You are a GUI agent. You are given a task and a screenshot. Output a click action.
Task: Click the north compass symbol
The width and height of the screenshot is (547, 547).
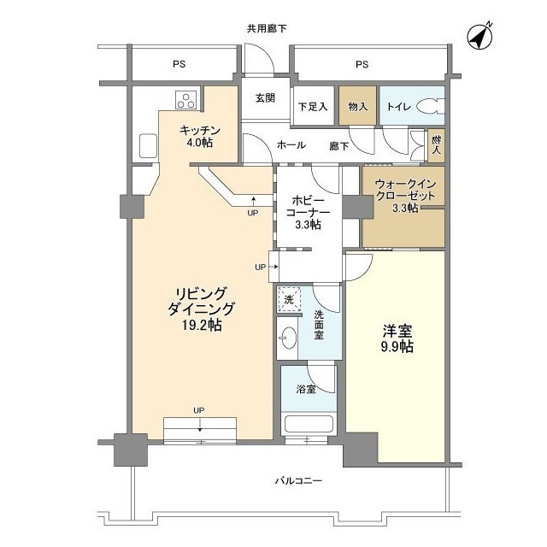point(479,36)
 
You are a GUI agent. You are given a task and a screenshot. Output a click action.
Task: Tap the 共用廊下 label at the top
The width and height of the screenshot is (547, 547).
point(267,28)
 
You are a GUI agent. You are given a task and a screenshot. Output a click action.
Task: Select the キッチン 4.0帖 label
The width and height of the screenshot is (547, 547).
point(200,136)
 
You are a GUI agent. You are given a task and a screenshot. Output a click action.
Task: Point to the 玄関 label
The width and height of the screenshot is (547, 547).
point(265,98)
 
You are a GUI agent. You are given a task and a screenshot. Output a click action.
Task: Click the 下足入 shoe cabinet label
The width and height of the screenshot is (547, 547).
point(313,107)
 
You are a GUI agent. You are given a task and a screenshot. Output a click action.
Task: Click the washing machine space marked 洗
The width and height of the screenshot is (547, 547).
point(288,298)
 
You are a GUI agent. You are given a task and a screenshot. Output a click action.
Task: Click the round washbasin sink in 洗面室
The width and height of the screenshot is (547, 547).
point(288,337)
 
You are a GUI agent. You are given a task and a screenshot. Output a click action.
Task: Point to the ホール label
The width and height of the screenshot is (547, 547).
point(291,145)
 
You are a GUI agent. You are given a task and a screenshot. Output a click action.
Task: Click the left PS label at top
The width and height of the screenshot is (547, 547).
point(179,64)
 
